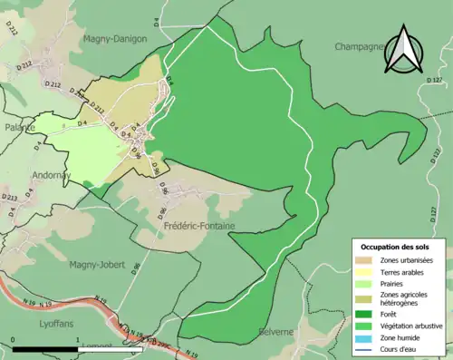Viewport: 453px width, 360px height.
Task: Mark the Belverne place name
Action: pos(276,332)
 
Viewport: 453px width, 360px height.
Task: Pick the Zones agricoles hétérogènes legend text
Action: pos(405,299)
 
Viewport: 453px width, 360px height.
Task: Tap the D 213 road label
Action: pos(10,197)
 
